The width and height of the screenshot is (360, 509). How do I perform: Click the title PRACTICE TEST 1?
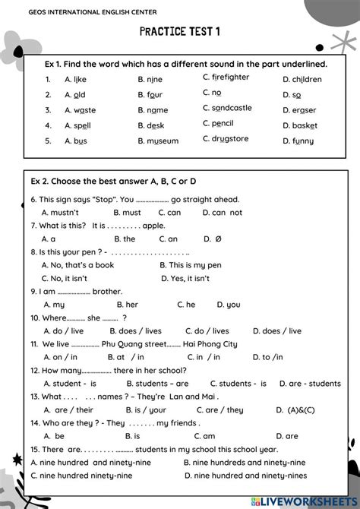[x=180, y=32]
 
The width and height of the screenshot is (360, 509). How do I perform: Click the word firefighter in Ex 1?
[x=230, y=77]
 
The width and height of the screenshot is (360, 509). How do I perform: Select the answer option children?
[x=307, y=79]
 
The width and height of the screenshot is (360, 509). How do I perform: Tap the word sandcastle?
[x=232, y=108]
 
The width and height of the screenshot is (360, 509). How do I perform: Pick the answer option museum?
[x=163, y=141]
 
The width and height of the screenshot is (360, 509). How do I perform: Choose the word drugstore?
[x=230, y=139]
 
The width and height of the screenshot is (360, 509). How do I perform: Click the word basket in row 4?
[x=305, y=125]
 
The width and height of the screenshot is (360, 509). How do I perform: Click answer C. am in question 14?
[x=204, y=436]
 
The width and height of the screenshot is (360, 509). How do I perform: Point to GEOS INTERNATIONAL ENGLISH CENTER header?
[x=83, y=11]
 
